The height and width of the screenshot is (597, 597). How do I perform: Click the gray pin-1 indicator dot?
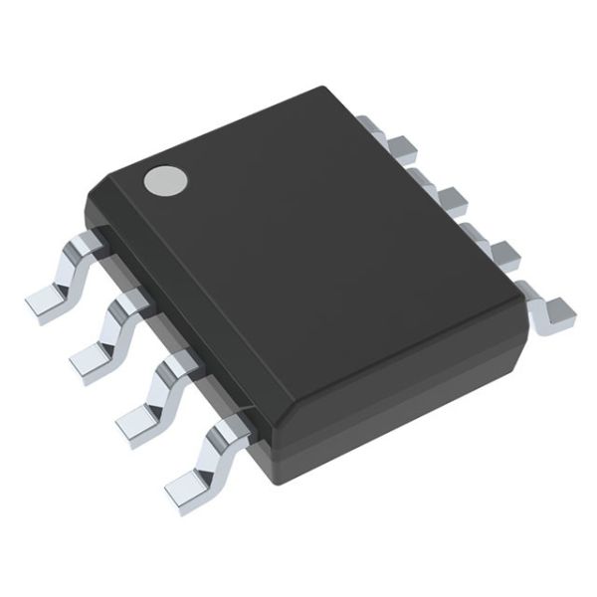tap(165, 180)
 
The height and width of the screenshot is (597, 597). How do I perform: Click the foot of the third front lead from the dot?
tap(137, 424)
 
